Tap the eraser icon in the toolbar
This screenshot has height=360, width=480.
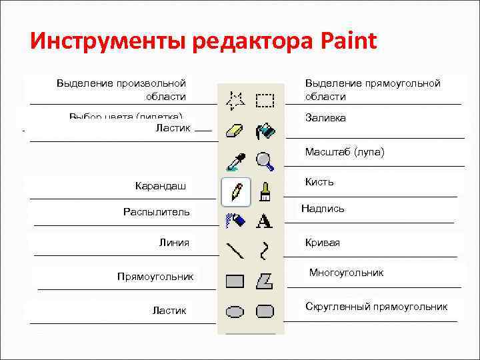click(235, 131)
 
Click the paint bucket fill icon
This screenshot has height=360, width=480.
click(265, 131)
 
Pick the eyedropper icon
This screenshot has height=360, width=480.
click(235, 161)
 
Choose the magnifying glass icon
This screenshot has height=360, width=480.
click(265, 161)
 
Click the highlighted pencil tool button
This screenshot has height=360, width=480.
click(236, 191)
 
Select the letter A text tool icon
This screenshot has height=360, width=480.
click(265, 221)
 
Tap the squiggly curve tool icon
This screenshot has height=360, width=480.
click(265, 250)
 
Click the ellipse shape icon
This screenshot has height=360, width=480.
click(235, 311)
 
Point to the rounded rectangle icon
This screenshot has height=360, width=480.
click(265, 311)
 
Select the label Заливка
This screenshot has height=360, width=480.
click(325, 118)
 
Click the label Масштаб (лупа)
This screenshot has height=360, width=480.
click(344, 153)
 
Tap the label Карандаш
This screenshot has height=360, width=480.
click(161, 186)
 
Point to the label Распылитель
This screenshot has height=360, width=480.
click(157, 212)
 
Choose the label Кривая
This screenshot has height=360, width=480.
click(323, 243)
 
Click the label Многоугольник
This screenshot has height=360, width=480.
click(346, 273)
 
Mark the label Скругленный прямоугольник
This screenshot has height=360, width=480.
click(376, 307)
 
